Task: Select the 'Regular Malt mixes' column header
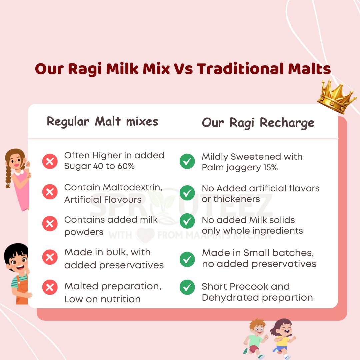(x=102, y=121)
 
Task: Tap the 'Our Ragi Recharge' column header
(x=258, y=122)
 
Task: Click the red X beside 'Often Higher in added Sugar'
(x=50, y=162)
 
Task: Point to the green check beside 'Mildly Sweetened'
(x=187, y=162)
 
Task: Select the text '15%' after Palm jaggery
(x=270, y=167)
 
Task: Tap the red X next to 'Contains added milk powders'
(x=50, y=224)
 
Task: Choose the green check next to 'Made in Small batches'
(x=187, y=259)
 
